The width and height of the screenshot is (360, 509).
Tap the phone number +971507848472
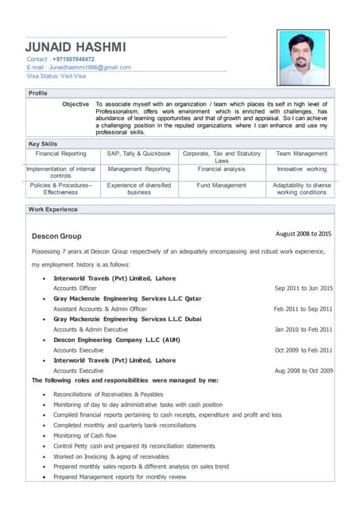click(x=73, y=60)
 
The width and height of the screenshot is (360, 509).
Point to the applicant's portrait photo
click(x=302, y=57)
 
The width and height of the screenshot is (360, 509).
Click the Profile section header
click(x=38, y=94)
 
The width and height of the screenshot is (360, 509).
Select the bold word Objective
click(x=75, y=104)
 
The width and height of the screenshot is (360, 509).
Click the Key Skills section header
click(x=45, y=144)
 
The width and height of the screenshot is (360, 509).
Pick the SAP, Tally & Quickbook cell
click(x=139, y=153)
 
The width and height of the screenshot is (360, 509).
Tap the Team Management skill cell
click(x=301, y=153)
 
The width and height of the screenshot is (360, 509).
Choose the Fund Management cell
click(x=222, y=185)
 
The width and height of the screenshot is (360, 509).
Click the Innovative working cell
click(x=301, y=169)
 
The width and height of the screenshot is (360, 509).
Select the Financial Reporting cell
click(x=61, y=153)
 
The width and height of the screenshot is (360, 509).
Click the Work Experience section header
click(x=53, y=210)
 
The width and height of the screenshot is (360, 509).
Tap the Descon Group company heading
click(x=56, y=236)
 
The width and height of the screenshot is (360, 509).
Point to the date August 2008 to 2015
click(x=303, y=234)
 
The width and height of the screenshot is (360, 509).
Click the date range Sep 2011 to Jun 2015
click(x=303, y=289)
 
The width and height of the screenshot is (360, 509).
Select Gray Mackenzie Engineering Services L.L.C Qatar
click(x=127, y=299)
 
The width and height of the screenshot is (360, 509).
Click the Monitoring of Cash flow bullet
click(x=85, y=436)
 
